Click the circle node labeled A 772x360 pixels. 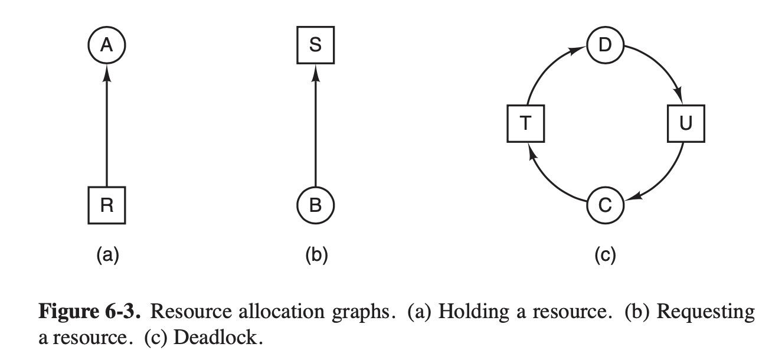point(106,45)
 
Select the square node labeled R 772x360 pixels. point(106,205)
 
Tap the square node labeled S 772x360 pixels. point(315,45)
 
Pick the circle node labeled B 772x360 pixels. point(315,205)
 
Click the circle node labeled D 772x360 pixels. point(605,45)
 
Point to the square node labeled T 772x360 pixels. point(525,124)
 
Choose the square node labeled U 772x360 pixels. point(685,124)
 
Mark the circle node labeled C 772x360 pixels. point(605,205)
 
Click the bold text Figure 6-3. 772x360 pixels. point(90,311)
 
